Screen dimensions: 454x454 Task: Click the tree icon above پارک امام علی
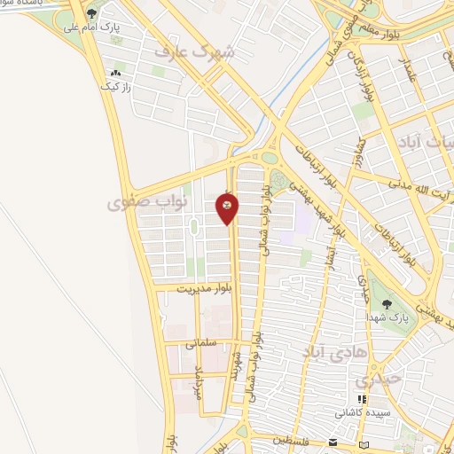coord(91,13)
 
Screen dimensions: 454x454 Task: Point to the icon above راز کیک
coord(115,73)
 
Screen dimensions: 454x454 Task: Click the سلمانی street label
coord(201,342)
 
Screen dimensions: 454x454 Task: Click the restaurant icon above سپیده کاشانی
coord(360,399)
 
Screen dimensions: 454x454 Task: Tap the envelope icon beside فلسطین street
coord(333,441)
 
